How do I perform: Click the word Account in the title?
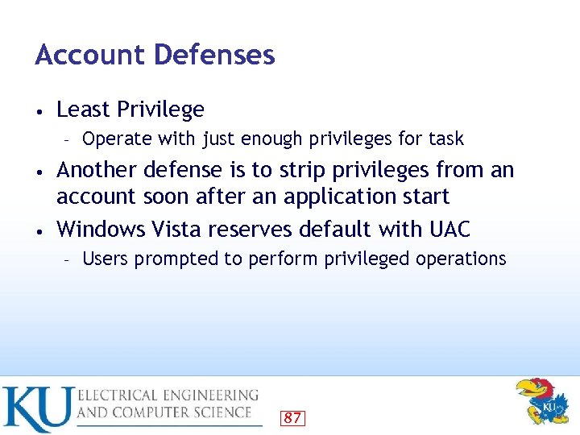[89, 55]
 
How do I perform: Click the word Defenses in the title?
[213, 55]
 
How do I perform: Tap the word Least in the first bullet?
[84, 109]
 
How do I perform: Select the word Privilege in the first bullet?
[160, 110]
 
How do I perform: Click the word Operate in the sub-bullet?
[112, 139]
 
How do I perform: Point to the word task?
[446, 139]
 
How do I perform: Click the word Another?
[98, 170]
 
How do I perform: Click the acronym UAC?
[449, 230]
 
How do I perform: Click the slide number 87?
[292, 417]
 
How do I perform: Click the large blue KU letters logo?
[37, 409]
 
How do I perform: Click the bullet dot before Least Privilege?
[39, 110]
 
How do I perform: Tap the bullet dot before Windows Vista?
[39, 230]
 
